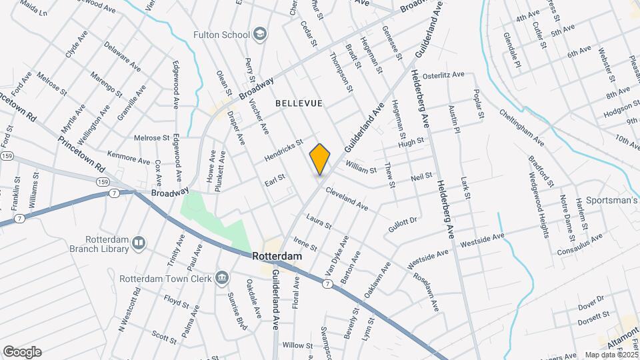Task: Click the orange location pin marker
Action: pos(320,159)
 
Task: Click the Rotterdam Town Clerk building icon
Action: pos(223,278)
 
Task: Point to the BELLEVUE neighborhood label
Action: pos(299,103)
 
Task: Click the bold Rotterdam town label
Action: pos(277,256)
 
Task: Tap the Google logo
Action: pos(22,352)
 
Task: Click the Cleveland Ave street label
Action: pos(347,199)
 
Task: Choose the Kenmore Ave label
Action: pos(129,157)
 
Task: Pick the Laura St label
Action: pos(319,222)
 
